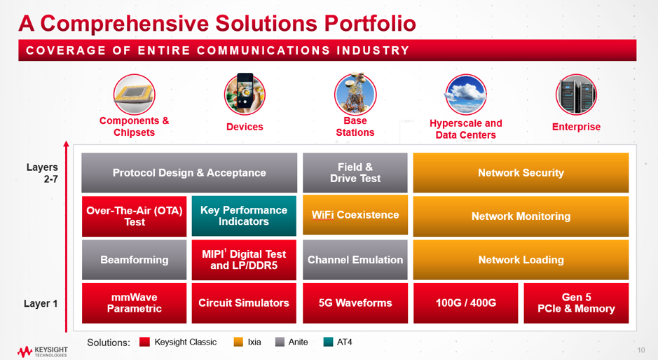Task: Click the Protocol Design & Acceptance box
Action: [189, 172]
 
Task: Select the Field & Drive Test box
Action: [355, 172]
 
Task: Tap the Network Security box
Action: [521, 172]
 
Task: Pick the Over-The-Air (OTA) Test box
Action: [135, 216]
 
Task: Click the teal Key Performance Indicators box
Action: [244, 216]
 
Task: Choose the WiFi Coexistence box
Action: [355, 215]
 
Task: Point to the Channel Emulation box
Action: [355, 260]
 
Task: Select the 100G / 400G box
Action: [466, 303]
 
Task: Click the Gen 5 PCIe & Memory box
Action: [576, 303]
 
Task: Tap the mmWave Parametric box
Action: [135, 303]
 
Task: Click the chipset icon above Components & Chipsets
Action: [135, 95]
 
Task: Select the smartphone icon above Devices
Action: [245, 94]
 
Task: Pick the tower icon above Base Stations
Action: [355, 94]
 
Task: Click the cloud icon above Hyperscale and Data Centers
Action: [466, 95]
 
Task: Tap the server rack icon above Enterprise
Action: [576, 95]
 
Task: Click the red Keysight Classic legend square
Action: [144, 342]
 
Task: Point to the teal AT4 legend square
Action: [328, 342]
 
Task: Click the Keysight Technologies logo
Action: [42, 352]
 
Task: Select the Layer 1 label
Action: [41, 303]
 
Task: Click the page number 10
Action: [640, 350]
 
